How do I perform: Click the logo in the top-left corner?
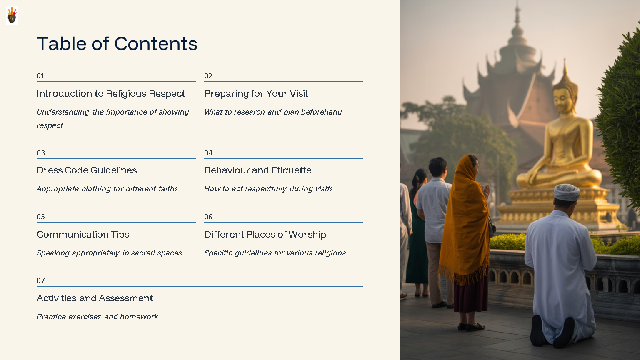tap(12, 15)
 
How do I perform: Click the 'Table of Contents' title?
tap(117, 44)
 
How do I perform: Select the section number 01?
tap(40, 76)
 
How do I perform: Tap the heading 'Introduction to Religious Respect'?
tap(111, 94)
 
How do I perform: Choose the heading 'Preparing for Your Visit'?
tap(256, 94)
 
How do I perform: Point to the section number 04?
tap(208, 153)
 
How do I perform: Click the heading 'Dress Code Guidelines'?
tap(87, 170)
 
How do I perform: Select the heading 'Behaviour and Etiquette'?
tap(258, 170)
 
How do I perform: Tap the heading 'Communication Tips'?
tap(83, 235)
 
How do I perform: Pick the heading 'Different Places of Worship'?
tap(265, 235)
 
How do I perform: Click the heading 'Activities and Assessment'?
tap(95, 298)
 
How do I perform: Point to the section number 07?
tap(40, 280)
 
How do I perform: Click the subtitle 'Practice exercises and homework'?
tap(97, 317)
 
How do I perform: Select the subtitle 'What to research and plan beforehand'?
tap(273, 112)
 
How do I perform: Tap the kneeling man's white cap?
tap(567, 192)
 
